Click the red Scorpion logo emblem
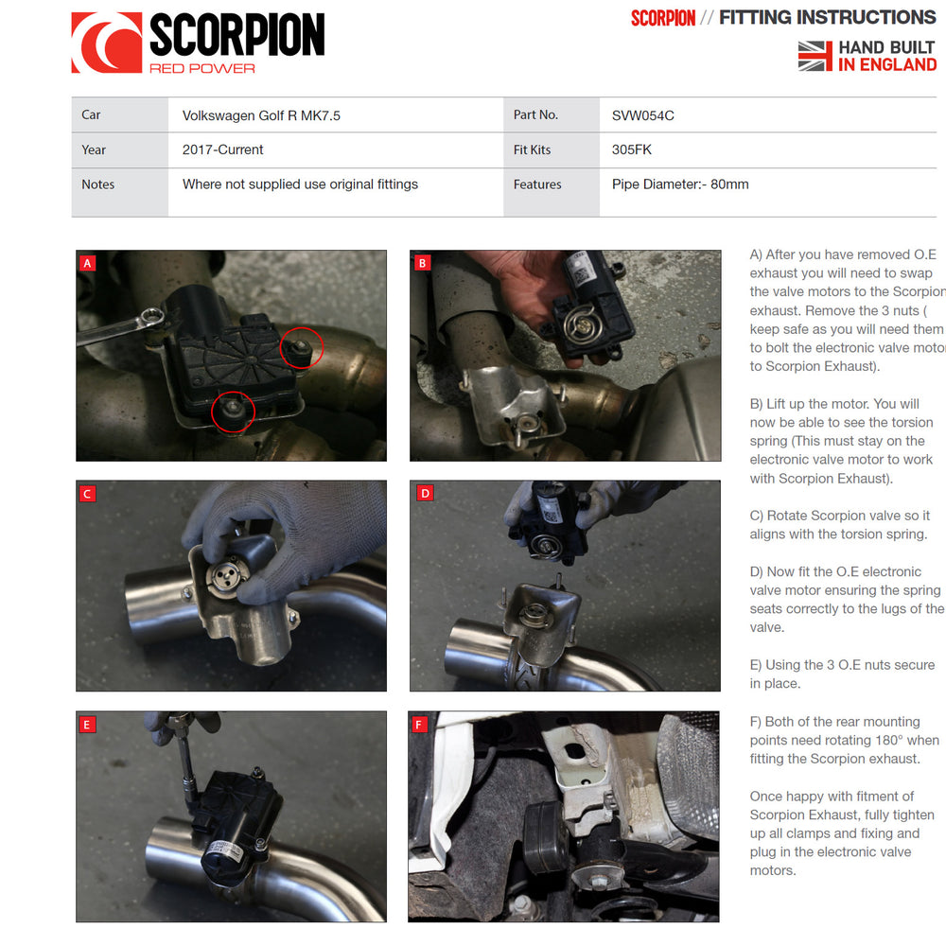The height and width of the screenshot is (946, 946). point(107,43)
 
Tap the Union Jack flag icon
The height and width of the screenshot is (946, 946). point(815,56)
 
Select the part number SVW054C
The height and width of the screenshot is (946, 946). point(642,115)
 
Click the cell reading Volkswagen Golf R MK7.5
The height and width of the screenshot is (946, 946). point(261,115)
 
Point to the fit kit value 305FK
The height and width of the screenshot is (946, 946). point(632,149)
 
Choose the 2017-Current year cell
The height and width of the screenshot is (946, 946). point(222,149)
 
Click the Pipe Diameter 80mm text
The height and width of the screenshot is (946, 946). point(680,184)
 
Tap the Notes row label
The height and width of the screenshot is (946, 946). point(97,184)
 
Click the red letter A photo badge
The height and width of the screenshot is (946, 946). point(87,263)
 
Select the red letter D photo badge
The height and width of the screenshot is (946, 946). point(425,494)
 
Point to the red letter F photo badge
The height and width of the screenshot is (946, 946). point(419,724)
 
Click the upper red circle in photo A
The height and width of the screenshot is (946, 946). point(302,347)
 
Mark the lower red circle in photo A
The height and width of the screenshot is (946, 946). point(234,412)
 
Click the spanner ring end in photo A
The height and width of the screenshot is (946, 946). point(154,317)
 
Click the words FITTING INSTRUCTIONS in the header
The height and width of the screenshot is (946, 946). point(827,17)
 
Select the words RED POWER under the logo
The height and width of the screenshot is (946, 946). point(202,68)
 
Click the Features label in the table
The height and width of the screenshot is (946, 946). point(537,184)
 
